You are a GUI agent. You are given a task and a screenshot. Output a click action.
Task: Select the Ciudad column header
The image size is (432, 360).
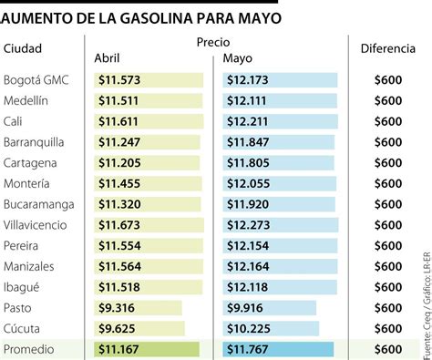coord(23,48)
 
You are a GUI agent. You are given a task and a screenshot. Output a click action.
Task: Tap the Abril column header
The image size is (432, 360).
coord(107,58)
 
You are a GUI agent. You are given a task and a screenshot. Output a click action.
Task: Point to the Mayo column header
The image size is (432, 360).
coord(238,58)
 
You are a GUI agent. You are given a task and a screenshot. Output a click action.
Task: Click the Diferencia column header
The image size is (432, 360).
coord(388,48)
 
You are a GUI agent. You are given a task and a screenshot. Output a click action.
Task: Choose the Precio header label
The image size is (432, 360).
coord(213,42)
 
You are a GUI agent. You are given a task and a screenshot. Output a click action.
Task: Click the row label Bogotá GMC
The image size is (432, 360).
coord(36,80)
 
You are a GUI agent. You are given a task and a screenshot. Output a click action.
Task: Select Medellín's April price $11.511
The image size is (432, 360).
coord(118,101)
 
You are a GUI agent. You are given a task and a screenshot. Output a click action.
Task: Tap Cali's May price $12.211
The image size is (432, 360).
coord(248,121)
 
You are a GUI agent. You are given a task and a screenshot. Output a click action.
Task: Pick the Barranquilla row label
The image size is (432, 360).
coord(34,142)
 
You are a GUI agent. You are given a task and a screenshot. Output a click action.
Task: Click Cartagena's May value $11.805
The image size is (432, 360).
coord(248,163)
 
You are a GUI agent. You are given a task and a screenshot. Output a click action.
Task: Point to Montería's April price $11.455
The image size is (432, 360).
coord(119,184)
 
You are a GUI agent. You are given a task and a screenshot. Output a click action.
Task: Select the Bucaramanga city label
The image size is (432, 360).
coord(38,204)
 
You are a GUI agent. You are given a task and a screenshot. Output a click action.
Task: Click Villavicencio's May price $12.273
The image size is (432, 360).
coord(248,225)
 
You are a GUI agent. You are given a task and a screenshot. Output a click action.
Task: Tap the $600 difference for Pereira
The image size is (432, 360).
coord(388,246)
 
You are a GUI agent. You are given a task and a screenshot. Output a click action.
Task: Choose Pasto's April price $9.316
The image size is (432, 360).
coord(117,308)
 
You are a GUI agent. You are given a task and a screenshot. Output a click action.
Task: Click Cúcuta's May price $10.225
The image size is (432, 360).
coord(248,329)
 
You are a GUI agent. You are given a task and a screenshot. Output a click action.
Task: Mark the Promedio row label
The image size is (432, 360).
coord(28,349)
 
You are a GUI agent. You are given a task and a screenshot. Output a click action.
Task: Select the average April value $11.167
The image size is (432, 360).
coord(118,349)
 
